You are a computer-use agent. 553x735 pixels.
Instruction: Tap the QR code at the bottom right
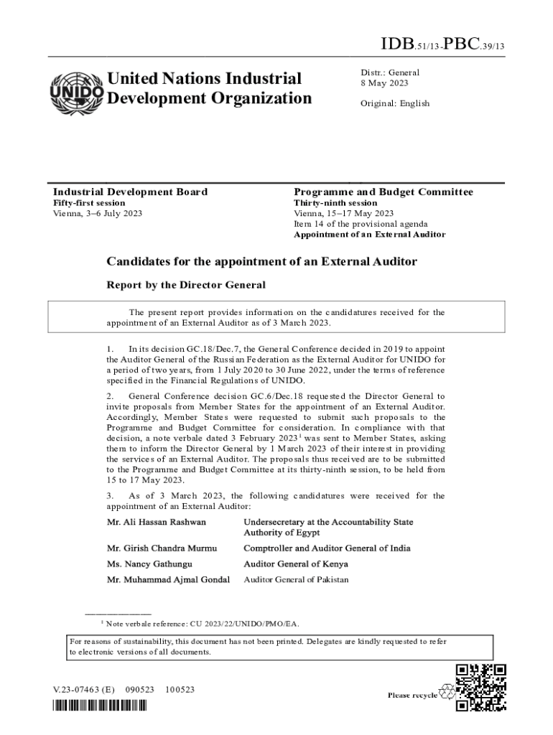pos(481,688)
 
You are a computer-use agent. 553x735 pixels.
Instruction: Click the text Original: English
pos(395,103)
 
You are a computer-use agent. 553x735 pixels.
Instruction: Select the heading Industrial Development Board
pos(130,192)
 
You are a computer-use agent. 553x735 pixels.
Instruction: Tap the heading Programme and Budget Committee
pos(383,192)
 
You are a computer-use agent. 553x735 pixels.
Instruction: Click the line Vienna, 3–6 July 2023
pos(98,213)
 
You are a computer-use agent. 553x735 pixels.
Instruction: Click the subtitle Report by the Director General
pos(186,285)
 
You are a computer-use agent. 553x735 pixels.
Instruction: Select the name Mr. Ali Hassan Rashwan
pos(157,522)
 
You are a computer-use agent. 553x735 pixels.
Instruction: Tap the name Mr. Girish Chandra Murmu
pos(162,548)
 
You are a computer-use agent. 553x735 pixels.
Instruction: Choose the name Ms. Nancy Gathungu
pos(149,564)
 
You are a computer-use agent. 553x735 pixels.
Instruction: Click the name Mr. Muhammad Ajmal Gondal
pos(168,579)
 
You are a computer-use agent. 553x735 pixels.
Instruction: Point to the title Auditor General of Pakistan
pos(296,579)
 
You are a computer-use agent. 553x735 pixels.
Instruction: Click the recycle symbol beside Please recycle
pos(447,693)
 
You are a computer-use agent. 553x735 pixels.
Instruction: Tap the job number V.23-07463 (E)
pos(83,690)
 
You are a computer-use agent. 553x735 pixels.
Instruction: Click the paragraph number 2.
pos(110,396)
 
